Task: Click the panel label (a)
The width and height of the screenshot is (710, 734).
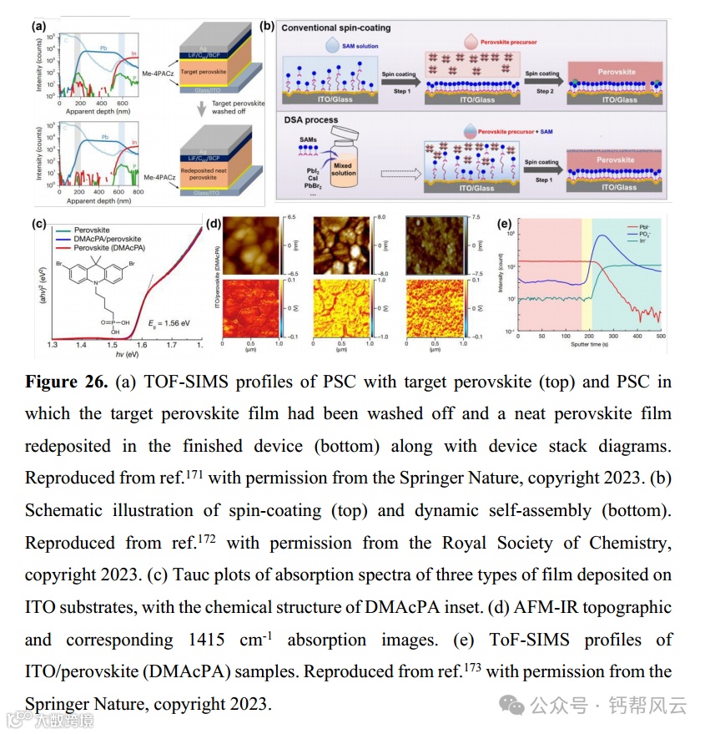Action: click(38, 26)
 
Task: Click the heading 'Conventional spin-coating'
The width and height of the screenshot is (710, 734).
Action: click(335, 28)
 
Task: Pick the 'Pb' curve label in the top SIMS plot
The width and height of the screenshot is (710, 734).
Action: click(104, 48)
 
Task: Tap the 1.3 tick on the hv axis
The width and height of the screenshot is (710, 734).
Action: click(53, 344)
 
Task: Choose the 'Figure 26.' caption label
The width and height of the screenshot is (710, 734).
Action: click(63, 382)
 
